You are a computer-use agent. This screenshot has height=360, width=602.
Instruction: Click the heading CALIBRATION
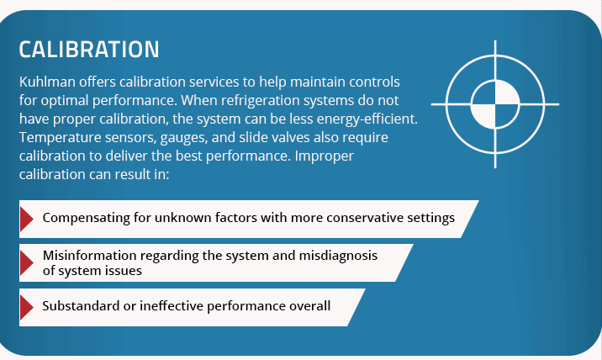(x=89, y=50)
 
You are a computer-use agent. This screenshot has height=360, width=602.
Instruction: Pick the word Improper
(x=324, y=156)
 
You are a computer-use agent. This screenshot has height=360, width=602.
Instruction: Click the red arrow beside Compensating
(x=27, y=219)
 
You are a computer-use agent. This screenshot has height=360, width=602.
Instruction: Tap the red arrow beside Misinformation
(x=27, y=263)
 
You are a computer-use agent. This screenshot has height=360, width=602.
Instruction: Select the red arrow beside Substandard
(x=27, y=307)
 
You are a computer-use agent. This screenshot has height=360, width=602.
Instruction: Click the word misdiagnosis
(x=338, y=256)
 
